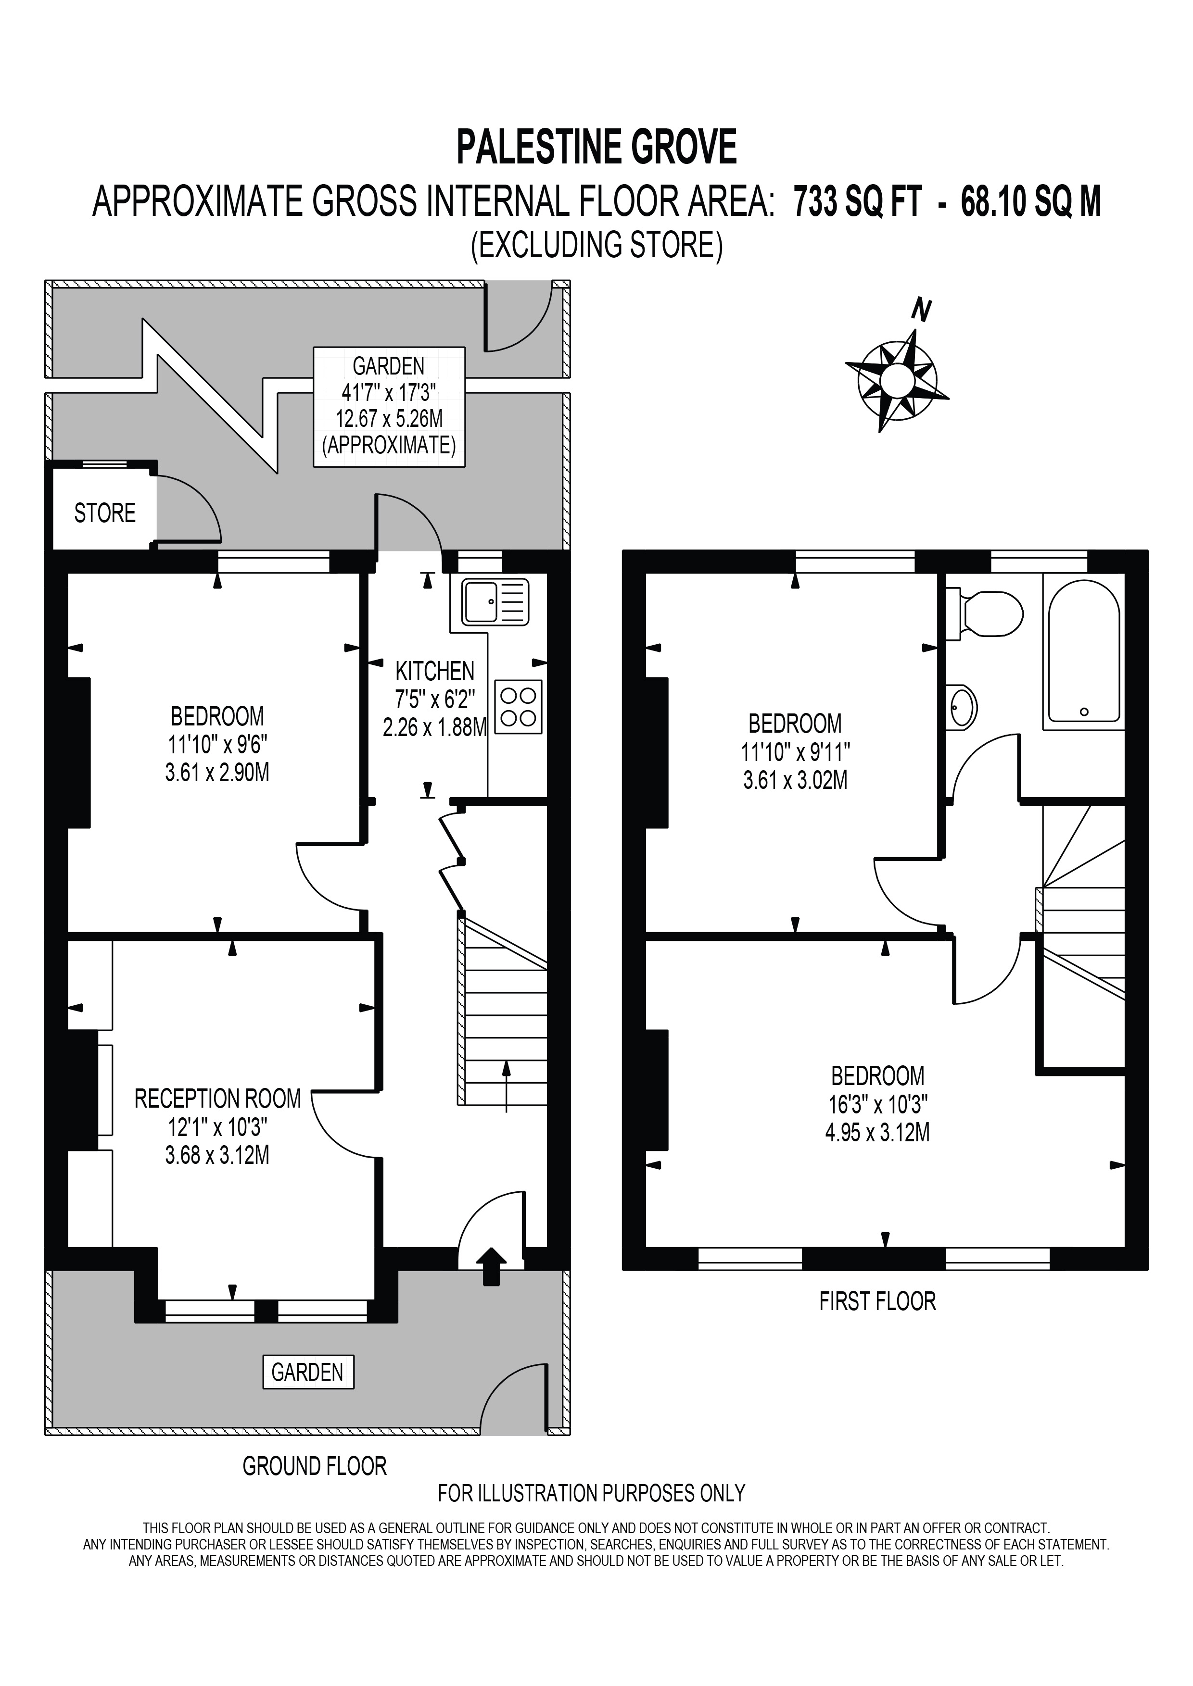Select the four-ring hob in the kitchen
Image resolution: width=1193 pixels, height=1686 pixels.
[519, 707]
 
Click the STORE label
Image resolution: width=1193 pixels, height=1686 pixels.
[105, 512]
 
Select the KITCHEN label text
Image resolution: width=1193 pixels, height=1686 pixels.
[435, 671]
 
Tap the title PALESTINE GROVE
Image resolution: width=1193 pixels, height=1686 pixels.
[596, 147]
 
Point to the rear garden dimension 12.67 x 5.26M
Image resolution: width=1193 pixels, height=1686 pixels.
[389, 419]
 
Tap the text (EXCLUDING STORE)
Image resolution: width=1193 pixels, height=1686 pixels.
[596, 245]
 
